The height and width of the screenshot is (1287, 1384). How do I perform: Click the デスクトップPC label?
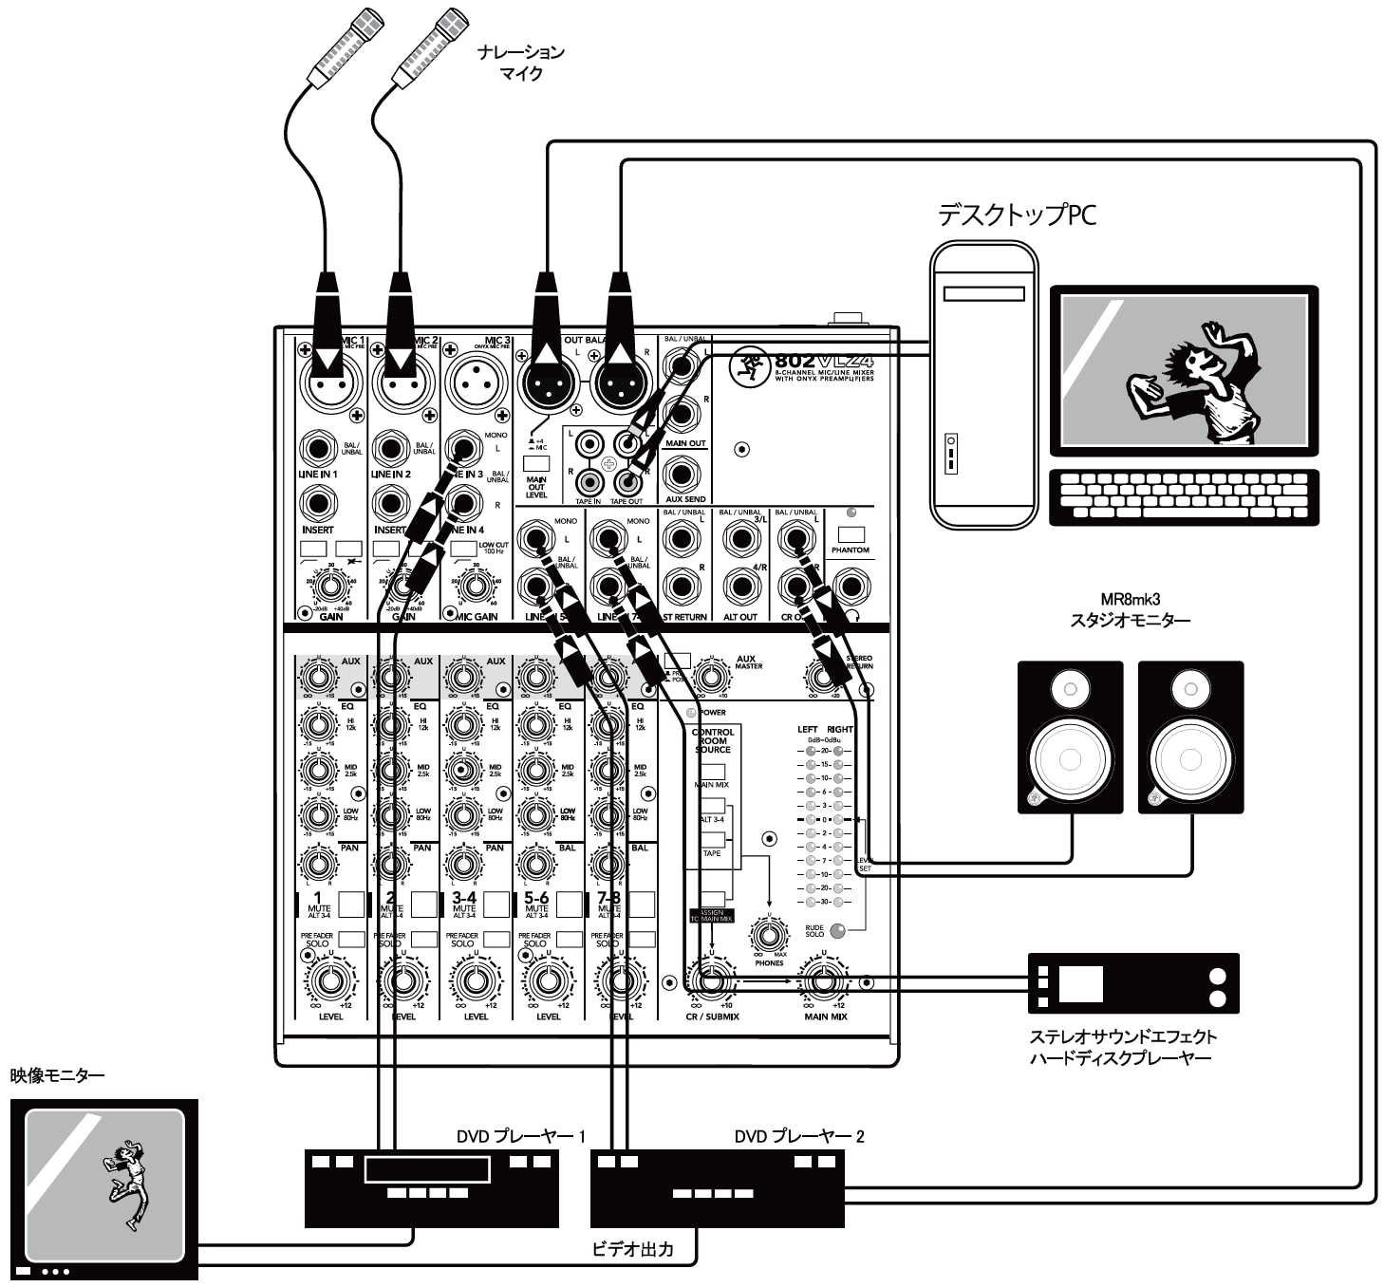[1016, 214]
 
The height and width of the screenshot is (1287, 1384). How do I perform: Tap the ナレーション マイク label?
[521, 62]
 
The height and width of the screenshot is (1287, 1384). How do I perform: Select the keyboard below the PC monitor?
[1183, 496]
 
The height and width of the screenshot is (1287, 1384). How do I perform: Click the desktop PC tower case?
[982, 383]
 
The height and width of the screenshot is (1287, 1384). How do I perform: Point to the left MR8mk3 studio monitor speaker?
[1070, 737]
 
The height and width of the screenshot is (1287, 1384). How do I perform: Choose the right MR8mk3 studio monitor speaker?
[1190, 737]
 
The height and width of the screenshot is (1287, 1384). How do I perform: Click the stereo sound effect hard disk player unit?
[1133, 983]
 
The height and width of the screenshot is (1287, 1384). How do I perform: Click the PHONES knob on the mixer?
[769, 936]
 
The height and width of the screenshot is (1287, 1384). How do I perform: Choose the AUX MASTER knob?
[712, 678]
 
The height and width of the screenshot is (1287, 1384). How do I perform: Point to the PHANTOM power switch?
[851, 534]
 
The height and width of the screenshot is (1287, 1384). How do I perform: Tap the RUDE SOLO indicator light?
[837, 930]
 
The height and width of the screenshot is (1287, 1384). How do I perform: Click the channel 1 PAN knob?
[318, 864]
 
